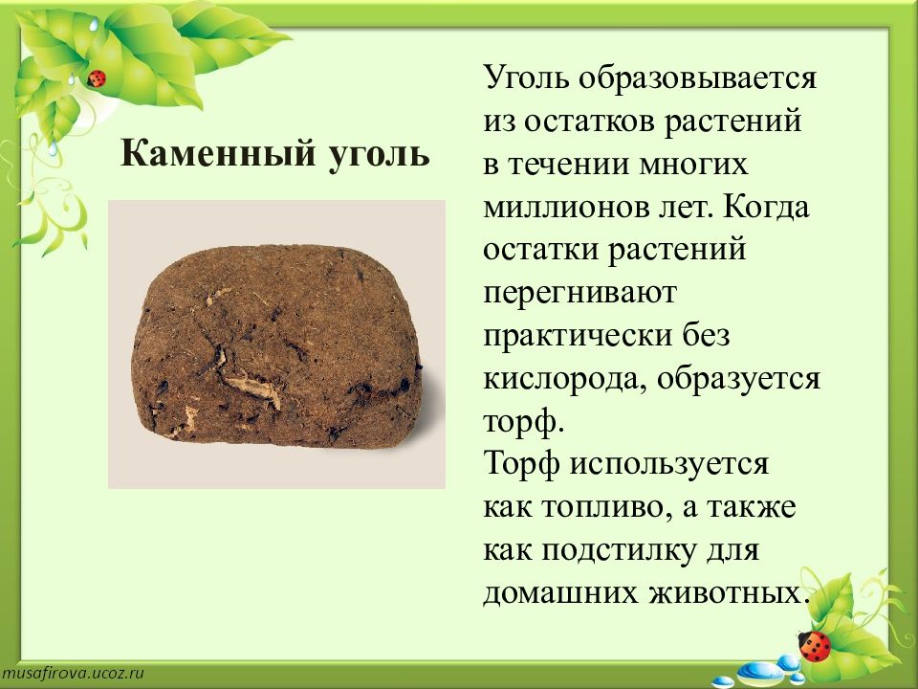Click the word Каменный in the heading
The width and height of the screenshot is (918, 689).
click(217, 154)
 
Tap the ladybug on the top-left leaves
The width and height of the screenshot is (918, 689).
click(96, 78)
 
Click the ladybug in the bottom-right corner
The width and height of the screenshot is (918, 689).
click(815, 646)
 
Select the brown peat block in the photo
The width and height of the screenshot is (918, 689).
click(276, 346)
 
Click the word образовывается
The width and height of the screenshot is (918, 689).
click(697, 78)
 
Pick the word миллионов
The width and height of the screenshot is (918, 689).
click(566, 208)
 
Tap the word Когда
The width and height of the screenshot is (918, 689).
click(767, 208)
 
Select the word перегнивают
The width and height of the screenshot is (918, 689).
click(580, 294)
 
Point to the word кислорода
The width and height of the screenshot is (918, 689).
click(564, 380)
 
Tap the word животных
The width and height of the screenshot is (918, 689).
click(726, 593)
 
